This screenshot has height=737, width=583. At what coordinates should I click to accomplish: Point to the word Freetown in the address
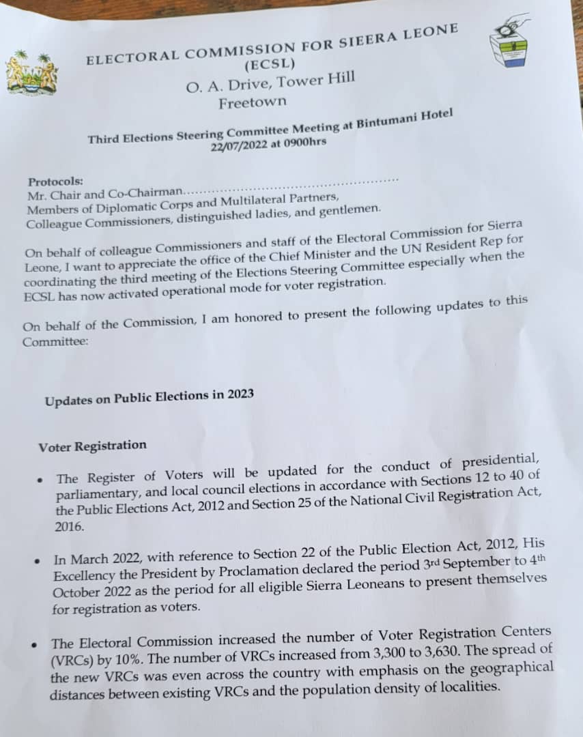[x=253, y=103]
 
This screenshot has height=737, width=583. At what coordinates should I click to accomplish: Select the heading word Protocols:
[x=55, y=182]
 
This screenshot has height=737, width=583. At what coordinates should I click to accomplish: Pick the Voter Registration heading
[x=92, y=446]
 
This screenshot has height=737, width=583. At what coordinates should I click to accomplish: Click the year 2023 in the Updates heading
[x=242, y=394]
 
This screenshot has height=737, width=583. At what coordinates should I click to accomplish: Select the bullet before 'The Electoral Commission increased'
[x=35, y=644]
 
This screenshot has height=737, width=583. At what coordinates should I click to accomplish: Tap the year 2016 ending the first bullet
[x=68, y=526]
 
